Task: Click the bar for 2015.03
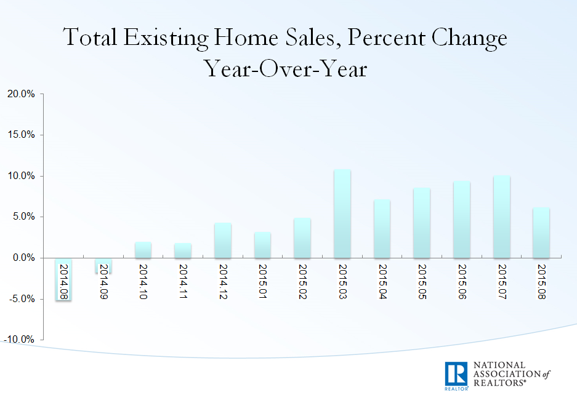click(342, 213)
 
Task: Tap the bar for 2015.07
click(501, 217)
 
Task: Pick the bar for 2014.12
click(223, 240)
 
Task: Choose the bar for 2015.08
click(541, 233)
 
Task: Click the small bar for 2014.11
click(183, 250)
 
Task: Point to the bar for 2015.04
click(382, 228)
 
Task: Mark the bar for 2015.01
click(262, 245)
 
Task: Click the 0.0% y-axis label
click(22, 258)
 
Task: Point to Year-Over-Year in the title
click(286, 69)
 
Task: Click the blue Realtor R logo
click(456, 375)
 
